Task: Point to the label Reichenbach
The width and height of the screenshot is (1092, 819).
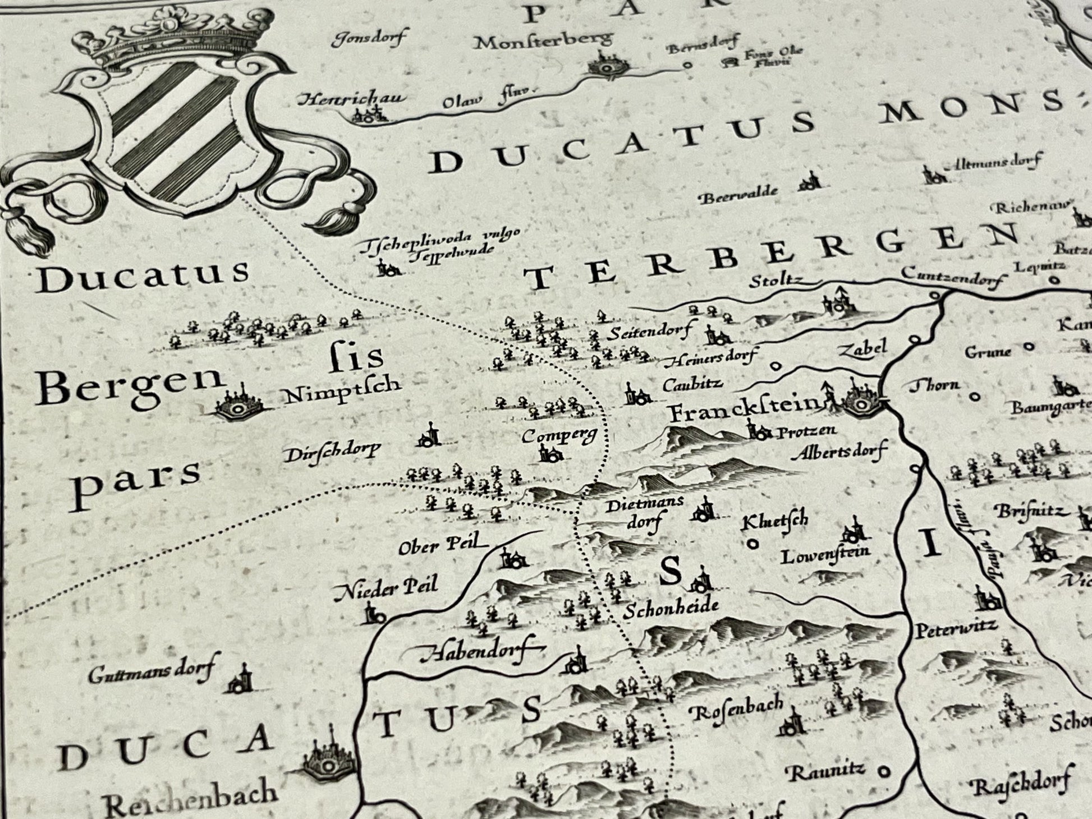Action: (191, 801)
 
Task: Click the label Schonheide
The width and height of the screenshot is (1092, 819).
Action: (672, 608)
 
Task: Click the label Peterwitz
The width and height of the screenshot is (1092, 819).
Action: (956, 628)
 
